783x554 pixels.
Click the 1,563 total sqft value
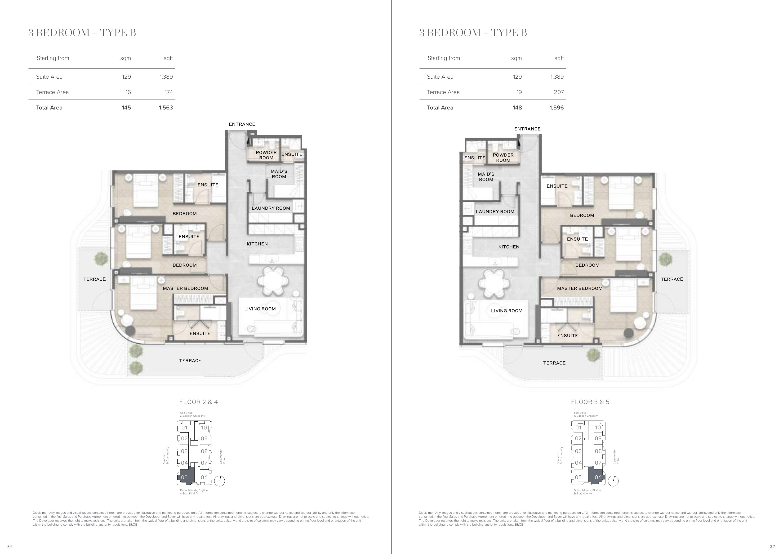(x=166, y=108)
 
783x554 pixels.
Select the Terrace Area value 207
(x=559, y=92)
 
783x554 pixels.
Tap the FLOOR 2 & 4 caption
(x=199, y=402)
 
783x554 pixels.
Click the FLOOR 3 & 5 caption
(x=590, y=402)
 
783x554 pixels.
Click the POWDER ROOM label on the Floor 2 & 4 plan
(x=266, y=155)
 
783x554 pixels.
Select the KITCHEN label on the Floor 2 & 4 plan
(x=257, y=244)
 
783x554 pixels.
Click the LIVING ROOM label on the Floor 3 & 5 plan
(x=507, y=311)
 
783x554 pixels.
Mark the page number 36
(x=10, y=546)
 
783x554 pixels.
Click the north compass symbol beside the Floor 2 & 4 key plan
(x=220, y=481)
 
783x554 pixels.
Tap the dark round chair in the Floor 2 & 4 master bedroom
(x=131, y=330)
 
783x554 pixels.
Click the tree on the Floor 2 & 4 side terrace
(x=101, y=258)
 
